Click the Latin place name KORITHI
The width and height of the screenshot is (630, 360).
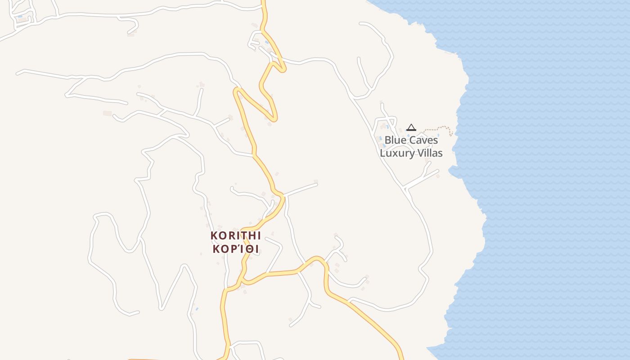coord(235,235)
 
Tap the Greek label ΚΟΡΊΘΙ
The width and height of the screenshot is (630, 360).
coord(235,249)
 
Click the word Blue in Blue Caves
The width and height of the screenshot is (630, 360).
coord(395,140)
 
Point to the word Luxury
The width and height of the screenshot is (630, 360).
coord(396,153)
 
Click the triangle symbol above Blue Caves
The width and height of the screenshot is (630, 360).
coord(411,128)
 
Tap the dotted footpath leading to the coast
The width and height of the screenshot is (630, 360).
coord(439,128)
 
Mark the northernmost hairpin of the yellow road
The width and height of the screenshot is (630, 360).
coord(282,69)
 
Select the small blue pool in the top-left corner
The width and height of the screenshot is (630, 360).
coord(20,16)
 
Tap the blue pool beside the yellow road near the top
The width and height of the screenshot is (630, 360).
coord(267,42)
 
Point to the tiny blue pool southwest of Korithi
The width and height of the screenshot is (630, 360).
coord(197,309)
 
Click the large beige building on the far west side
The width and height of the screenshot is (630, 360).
coord(107,113)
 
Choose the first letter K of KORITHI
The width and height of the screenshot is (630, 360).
coord(214,235)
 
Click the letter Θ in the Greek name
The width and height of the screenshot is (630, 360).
coord(248,249)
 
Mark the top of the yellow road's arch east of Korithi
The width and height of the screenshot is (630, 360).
coord(318,258)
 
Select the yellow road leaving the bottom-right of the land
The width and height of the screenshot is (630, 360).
coord(400,355)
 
